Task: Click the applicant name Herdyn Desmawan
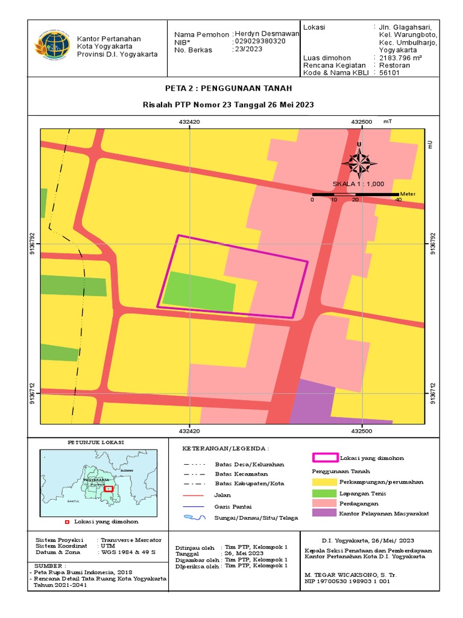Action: click(266, 34)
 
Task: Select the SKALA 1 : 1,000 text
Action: click(358, 185)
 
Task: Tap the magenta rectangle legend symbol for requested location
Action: click(325, 458)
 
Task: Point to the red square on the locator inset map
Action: click(108, 489)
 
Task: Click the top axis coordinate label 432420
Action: click(190, 121)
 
